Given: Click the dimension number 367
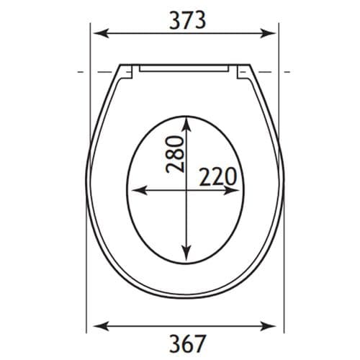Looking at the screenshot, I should click(x=185, y=343).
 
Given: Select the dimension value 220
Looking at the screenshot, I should click(x=218, y=176).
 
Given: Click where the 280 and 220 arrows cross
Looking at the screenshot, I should click(x=186, y=191).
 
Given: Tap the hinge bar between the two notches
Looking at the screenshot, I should click(x=186, y=69).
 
